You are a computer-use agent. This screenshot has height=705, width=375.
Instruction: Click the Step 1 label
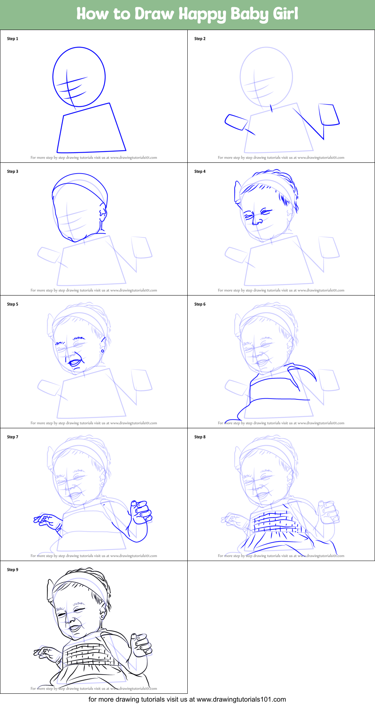coord(12,39)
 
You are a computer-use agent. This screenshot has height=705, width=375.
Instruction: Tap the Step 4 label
coord(200,171)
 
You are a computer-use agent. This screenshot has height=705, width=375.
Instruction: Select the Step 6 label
coord(200,304)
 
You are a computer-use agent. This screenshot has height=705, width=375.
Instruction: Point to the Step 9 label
coord(12,570)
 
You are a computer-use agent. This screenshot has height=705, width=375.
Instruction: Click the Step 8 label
coord(200,437)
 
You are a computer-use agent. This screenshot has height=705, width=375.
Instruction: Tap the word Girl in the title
coord(286,14)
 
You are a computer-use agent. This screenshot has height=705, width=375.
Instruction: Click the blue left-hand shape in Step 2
coord(236,122)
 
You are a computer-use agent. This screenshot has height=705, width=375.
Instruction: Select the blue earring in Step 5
coord(102,351)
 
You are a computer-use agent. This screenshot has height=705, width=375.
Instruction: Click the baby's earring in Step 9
coord(102,616)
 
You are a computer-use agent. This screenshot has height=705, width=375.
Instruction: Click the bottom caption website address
coord(241,699)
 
